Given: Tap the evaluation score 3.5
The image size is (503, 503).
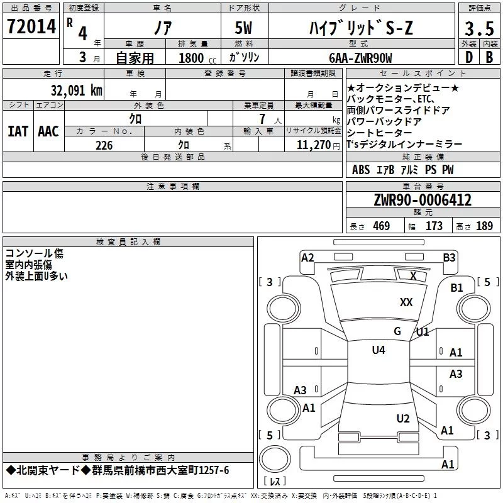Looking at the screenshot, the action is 478,30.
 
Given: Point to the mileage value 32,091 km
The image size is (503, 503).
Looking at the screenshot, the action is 77,91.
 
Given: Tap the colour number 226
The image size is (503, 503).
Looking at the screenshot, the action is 104,145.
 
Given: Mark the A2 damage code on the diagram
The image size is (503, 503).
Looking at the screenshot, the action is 307,257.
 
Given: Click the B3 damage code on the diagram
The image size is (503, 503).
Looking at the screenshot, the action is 449,257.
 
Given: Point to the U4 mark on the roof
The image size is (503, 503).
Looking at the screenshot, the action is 378,350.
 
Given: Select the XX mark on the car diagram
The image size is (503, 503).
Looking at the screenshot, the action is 406,302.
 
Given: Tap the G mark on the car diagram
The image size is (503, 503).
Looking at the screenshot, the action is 397,331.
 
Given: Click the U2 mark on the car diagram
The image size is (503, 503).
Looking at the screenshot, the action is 403,419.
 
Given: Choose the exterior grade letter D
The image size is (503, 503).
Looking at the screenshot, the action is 468,58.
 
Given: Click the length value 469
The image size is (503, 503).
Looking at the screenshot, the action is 381,226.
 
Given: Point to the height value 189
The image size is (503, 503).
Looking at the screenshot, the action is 484,226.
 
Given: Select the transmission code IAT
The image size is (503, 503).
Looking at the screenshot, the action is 18,131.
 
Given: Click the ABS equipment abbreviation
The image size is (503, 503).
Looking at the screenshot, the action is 361,170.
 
